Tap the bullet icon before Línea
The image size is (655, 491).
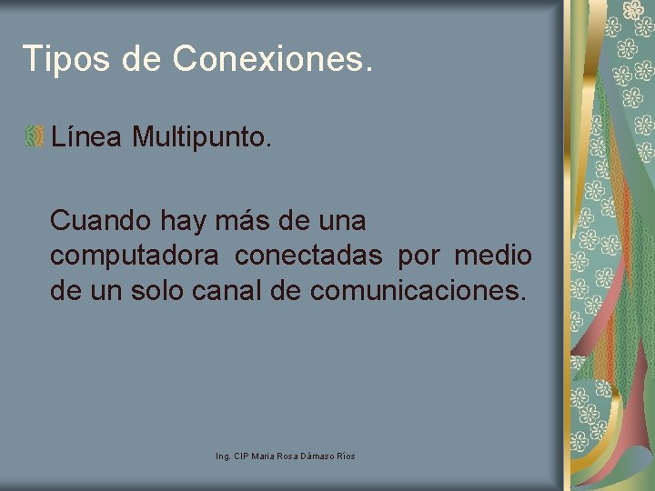coord(35,137)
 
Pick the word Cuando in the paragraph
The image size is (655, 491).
coord(100,221)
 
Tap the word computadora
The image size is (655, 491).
coord(134,257)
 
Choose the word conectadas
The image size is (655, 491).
coord(308,257)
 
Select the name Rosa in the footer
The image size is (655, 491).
coord(288,455)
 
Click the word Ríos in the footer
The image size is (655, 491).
coord(347,455)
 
